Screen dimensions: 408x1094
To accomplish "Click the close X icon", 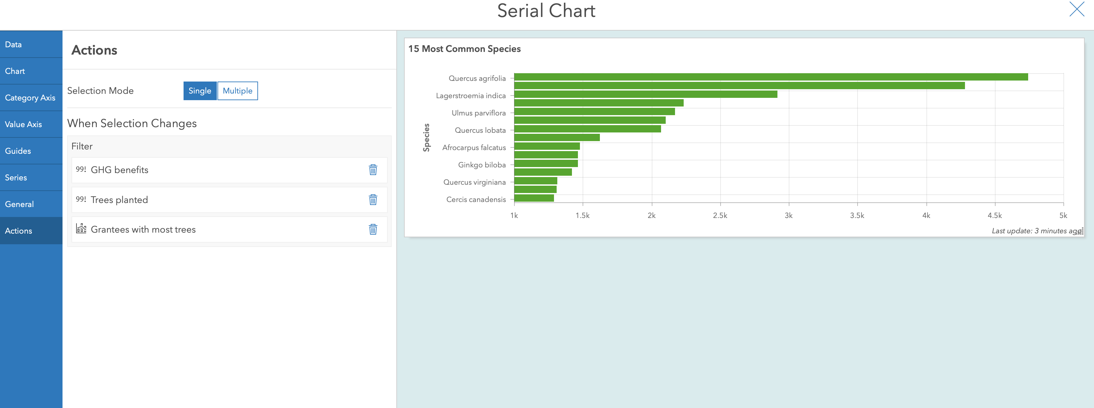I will click(1077, 9).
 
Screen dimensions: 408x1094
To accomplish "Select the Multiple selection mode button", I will click(237, 91).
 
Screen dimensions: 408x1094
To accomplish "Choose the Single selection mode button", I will click(200, 91).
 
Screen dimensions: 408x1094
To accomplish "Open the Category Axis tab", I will click(31, 98).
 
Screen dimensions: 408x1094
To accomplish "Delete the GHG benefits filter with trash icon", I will click(373, 170).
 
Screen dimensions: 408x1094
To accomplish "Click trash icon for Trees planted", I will click(373, 200).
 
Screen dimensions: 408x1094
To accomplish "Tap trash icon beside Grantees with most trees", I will click(373, 230).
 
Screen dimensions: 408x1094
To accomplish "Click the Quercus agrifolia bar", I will click(770, 77).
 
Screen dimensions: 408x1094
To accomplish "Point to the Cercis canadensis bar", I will click(534, 198).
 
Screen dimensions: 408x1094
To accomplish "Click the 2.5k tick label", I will click(720, 215).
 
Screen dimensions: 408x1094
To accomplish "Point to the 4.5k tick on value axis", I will click(995, 215).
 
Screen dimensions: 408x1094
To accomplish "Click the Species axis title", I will click(426, 137).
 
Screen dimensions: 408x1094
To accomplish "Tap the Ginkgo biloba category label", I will click(481, 165).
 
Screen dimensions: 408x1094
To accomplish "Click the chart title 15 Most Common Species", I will click(464, 49).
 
